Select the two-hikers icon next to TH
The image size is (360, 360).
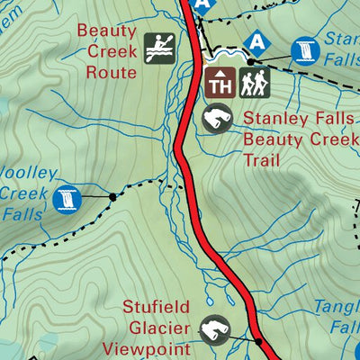point(255,84)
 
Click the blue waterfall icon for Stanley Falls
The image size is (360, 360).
point(307,50)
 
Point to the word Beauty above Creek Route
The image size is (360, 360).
point(105,31)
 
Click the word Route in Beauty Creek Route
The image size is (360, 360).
point(111,72)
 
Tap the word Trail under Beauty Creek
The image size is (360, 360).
point(262,161)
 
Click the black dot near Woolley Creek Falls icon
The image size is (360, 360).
point(112,195)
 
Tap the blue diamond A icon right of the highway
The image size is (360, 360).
point(258,40)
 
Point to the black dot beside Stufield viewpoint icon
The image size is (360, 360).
point(258,342)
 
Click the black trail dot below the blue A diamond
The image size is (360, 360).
point(253,61)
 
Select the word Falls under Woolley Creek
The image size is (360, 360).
point(22,215)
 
